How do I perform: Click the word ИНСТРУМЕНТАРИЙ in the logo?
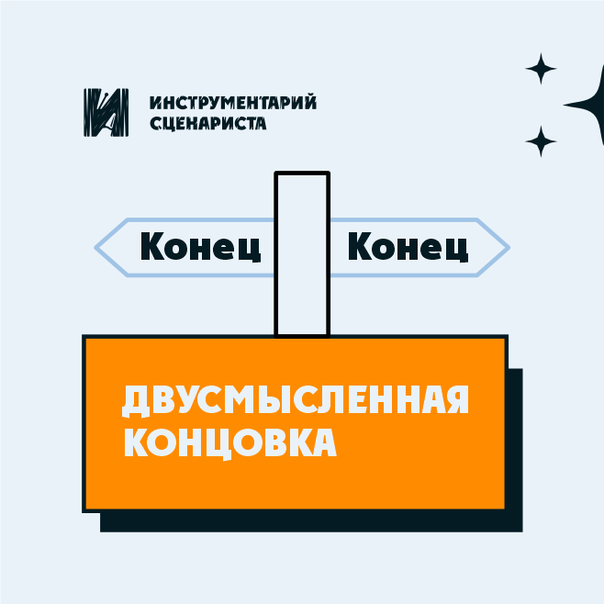pos(232,102)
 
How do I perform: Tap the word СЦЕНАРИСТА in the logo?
pos(207,122)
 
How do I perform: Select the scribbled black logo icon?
pos(105,112)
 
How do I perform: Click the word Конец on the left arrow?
pos(201,246)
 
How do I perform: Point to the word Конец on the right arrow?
pos(408,246)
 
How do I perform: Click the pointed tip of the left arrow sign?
pos(97,246)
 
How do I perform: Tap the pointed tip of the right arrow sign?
pos(506,246)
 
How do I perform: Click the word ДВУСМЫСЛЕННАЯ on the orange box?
pos(296,401)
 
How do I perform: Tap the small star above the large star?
pos(541,69)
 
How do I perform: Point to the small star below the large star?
pos(541,141)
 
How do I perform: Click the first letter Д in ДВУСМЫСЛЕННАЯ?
pos(136,401)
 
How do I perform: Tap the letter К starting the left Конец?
pos(152,246)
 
